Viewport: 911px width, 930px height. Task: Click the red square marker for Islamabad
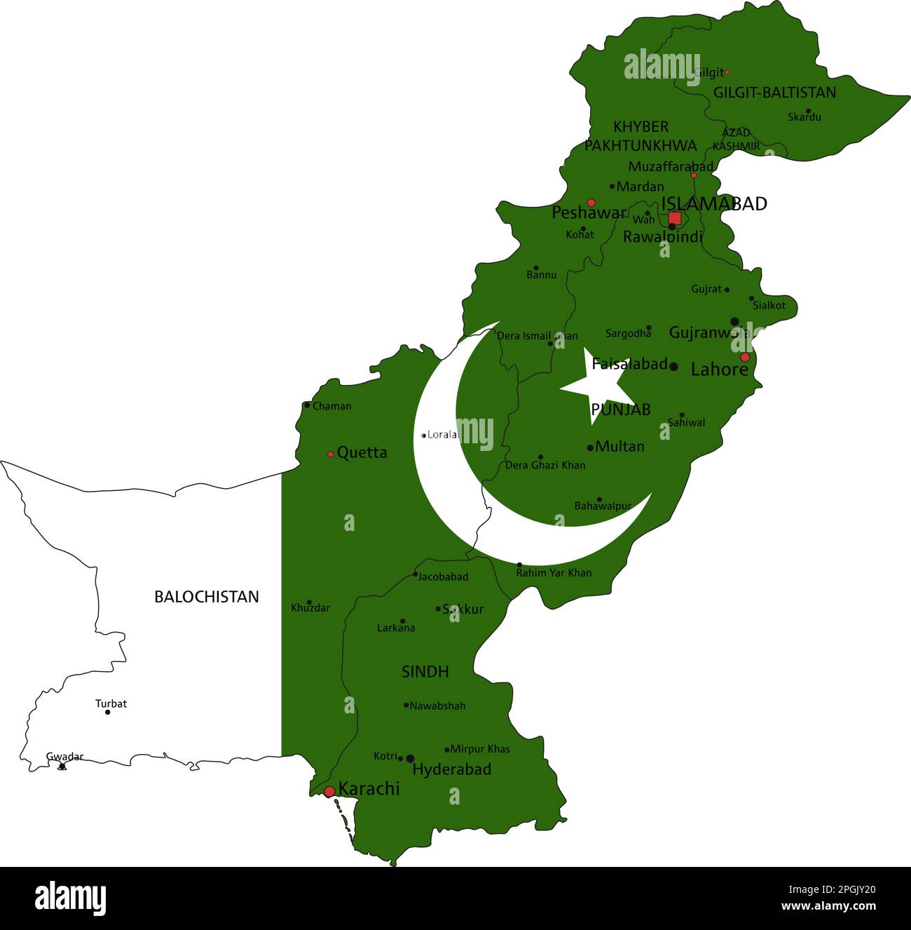[674, 217]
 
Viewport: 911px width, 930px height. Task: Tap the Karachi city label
[369, 789]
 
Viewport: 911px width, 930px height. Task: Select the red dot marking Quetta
[331, 454]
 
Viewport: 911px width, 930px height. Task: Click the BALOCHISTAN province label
[206, 597]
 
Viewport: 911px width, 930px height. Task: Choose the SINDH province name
[425, 672]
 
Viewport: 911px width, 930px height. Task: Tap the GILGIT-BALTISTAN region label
[774, 93]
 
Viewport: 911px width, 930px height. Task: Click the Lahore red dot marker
[745, 357]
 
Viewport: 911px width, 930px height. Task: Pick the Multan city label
[619, 446]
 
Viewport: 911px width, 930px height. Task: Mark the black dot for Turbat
[108, 712]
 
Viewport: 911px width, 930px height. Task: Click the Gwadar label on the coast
[64, 757]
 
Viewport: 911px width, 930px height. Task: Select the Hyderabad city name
[451, 769]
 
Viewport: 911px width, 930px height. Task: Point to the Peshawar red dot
[591, 202]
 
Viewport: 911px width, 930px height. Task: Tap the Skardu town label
[804, 117]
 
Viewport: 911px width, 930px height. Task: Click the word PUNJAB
[621, 410]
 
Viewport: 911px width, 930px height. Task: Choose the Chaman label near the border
[331, 406]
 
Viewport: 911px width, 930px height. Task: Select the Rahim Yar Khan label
[554, 573]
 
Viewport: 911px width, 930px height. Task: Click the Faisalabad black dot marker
[673, 366]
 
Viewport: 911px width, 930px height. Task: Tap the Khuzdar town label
[310, 608]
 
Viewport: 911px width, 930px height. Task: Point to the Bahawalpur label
[603, 506]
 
